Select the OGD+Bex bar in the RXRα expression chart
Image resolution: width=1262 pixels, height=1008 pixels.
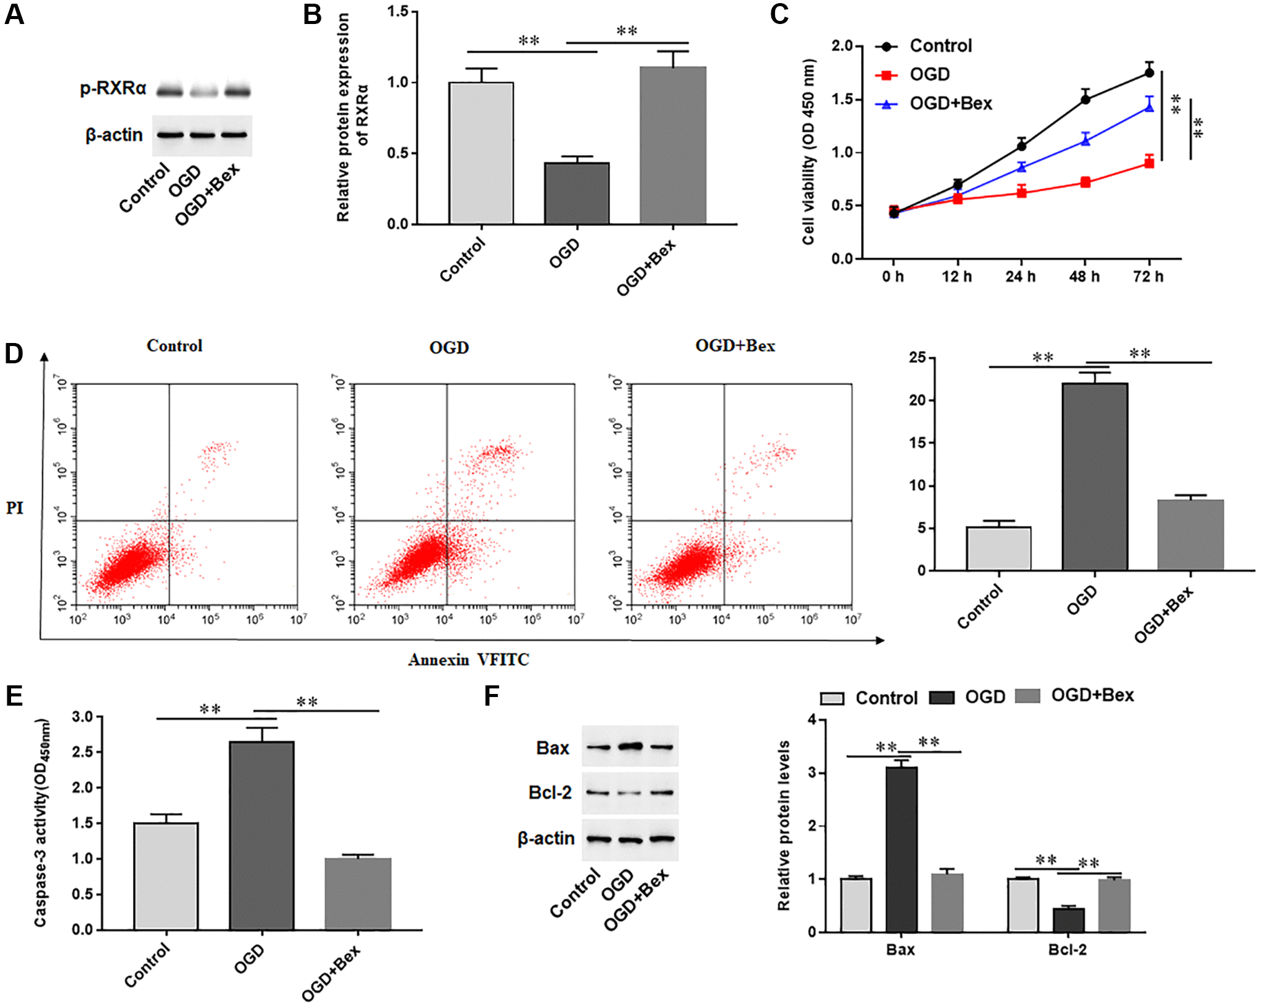click(x=672, y=145)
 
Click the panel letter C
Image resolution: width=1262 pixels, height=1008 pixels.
click(x=779, y=14)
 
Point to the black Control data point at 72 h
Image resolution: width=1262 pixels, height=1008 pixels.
click(x=1149, y=73)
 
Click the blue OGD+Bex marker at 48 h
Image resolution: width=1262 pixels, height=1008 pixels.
click(x=1085, y=140)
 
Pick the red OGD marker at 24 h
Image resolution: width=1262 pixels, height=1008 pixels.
click(x=1021, y=193)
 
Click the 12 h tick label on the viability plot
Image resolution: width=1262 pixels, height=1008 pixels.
click(x=957, y=276)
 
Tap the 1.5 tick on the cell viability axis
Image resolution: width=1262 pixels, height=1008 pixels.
click(x=842, y=99)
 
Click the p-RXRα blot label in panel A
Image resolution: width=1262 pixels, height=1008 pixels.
click(x=113, y=89)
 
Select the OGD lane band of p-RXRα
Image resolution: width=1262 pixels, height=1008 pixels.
click(x=203, y=92)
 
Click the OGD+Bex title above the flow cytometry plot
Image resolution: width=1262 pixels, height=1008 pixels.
click(x=735, y=346)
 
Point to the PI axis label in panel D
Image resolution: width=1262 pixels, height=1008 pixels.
click(x=15, y=508)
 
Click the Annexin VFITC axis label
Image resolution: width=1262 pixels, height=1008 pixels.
click(x=468, y=660)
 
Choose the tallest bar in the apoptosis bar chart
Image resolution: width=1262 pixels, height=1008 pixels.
click(x=1095, y=477)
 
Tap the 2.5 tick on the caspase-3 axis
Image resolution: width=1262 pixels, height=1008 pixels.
click(x=82, y=752)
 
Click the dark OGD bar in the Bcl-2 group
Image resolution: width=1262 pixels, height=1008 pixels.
click(x=1068, y=919)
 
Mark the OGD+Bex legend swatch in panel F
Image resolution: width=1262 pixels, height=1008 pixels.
click(x=1027, y=696)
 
